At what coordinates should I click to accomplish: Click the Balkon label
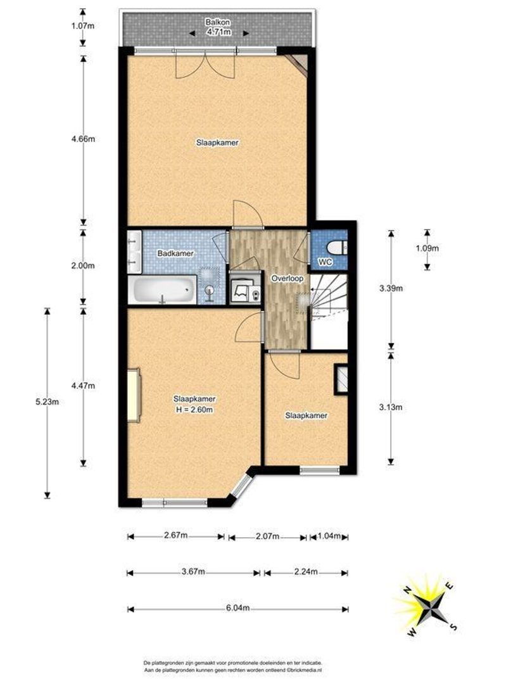218,22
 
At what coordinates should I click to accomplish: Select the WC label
326,262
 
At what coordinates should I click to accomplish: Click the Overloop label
287,278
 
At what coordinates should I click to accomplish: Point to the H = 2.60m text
194,410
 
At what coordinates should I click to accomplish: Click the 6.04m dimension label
238,608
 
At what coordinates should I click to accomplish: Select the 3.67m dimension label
193,572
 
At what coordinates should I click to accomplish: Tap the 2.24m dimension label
306,572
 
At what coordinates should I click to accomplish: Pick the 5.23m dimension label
47,402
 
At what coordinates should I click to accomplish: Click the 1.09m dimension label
427,248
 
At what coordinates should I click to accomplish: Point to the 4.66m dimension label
83,139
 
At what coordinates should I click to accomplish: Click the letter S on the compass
453,627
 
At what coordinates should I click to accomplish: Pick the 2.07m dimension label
267,536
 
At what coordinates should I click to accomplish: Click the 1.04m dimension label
330,536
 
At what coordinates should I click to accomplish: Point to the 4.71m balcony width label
219,32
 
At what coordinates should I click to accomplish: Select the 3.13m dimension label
391,407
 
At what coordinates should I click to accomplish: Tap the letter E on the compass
449,586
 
